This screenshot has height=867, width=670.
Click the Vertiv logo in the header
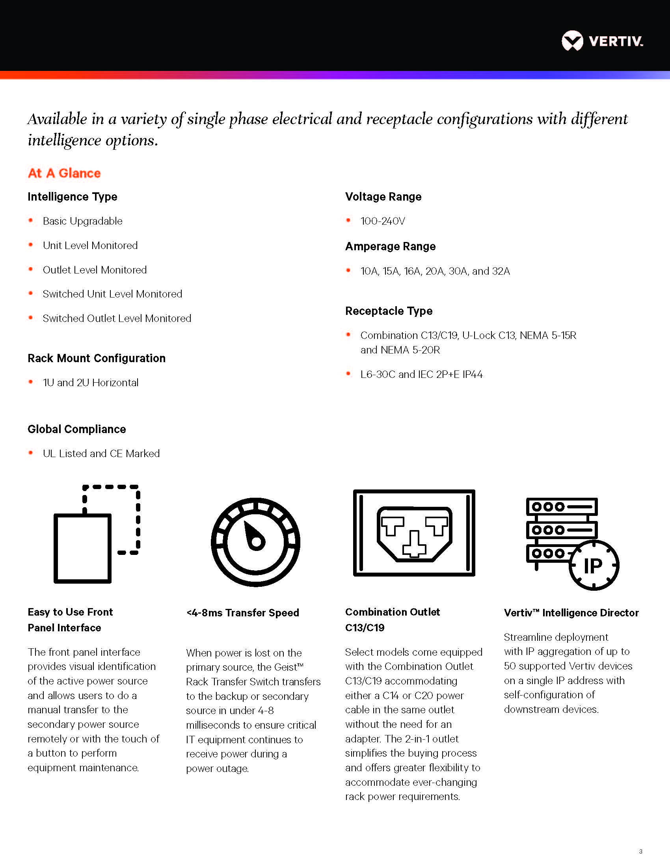click(x=602, y=41)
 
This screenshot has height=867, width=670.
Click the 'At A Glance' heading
click(x=64, y=173)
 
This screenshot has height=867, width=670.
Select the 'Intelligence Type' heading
click(x=72, y=197)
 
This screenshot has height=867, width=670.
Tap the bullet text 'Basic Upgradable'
click(x=82, y=221)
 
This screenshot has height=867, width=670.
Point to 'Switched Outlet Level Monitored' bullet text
click(x=117, y=318)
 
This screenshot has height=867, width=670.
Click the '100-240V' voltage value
click(x=383, y=221)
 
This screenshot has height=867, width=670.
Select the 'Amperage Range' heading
click(x=390, y=247)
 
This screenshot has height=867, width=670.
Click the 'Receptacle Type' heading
click(x=389, y=311)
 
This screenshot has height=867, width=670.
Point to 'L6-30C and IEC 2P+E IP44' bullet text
click(x=421, y=374)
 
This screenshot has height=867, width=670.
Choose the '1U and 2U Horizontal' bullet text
click(x=91, y=383)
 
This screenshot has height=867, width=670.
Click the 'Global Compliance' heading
click(x=76, y=429)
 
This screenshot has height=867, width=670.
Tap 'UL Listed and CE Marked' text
click(x=101, y=454)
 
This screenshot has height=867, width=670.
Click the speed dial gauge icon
click(x=255, y=542)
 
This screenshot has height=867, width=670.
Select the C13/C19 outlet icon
click(x=414, y=533)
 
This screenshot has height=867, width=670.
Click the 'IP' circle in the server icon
click(x=594, y=565)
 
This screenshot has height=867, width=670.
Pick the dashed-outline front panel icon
click(x=97, y=534)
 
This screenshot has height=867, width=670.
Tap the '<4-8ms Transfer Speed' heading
click(x=242, y=612)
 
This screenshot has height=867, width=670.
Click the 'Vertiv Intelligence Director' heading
click(x=571, y=613)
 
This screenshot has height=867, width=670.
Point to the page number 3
click(x=640, y=851)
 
